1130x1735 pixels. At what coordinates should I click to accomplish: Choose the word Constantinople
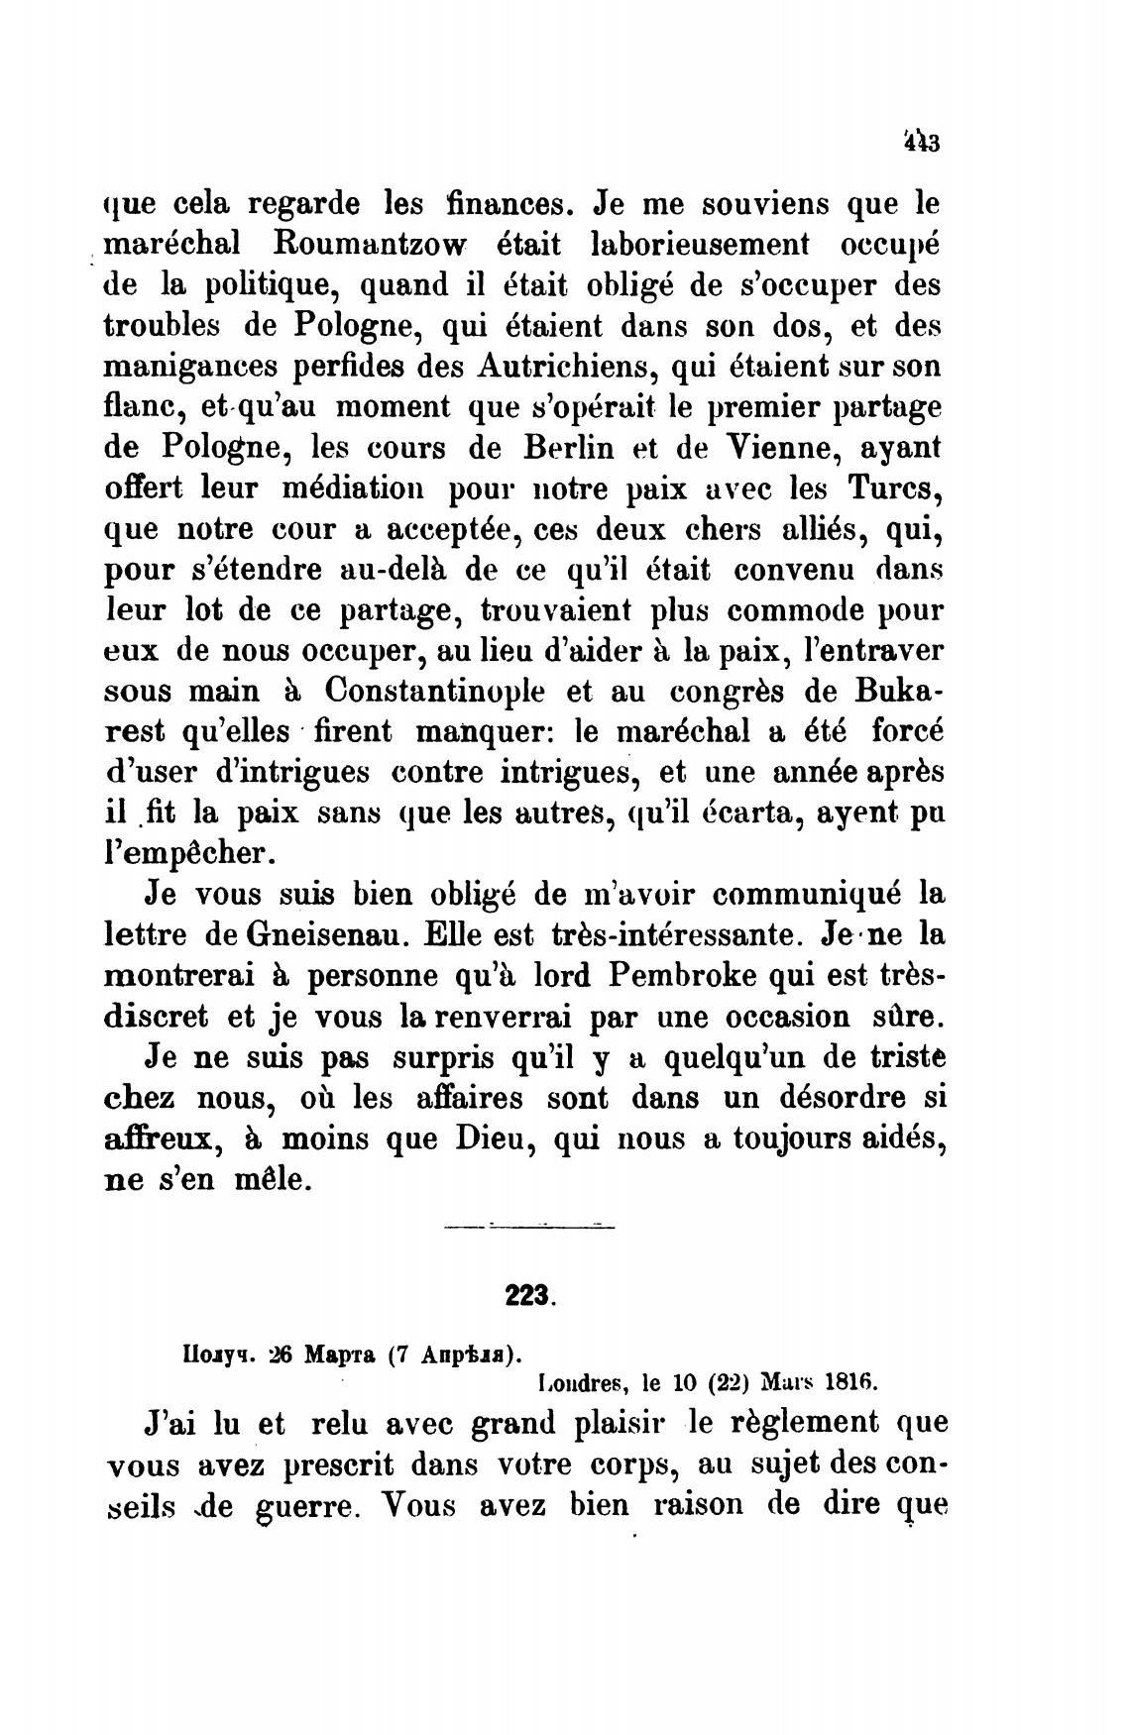435,690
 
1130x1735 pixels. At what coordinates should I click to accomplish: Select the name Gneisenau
313,934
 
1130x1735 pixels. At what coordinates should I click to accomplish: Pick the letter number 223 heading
531,1294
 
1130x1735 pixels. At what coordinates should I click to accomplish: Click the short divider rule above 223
530,1228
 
